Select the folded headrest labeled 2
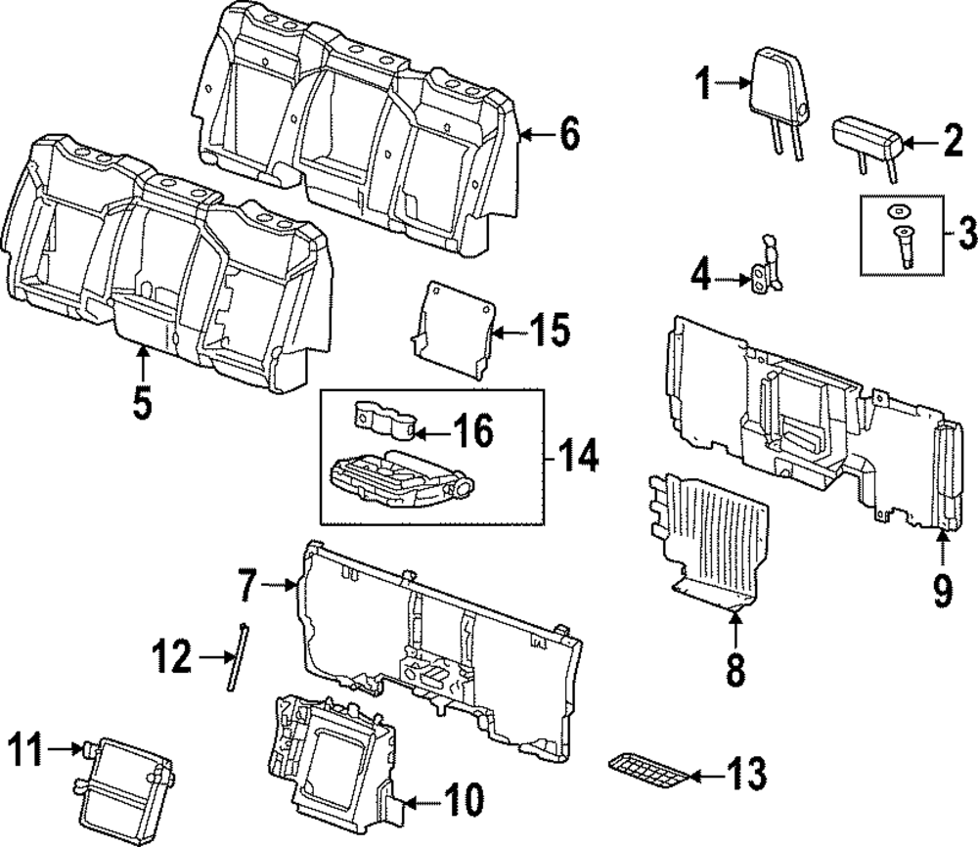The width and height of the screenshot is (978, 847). [x=867, y=141]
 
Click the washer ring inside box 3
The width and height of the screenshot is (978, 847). [x=896, y=212]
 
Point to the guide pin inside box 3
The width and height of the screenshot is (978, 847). [x=903, y=245]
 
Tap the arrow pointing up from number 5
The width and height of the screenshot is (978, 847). [x=143, y=363]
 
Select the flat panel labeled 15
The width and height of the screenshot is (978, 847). [x=454, y=330]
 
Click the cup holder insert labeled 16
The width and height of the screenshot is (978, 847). [x=384, y=420]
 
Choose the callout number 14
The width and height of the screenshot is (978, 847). [x=576, y=461]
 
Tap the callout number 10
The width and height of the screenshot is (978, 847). [x=463, y=800]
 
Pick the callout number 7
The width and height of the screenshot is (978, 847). [x=247, y=585]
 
